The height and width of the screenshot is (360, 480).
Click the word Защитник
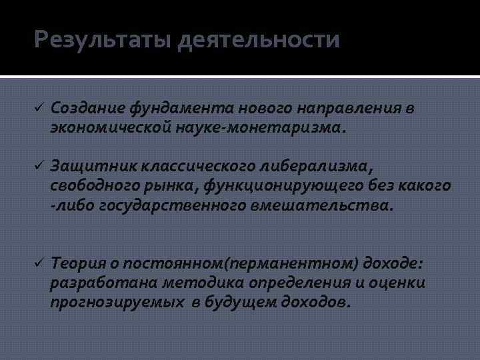(x=87, y=164)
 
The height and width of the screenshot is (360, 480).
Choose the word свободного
(x=89, y=185)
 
